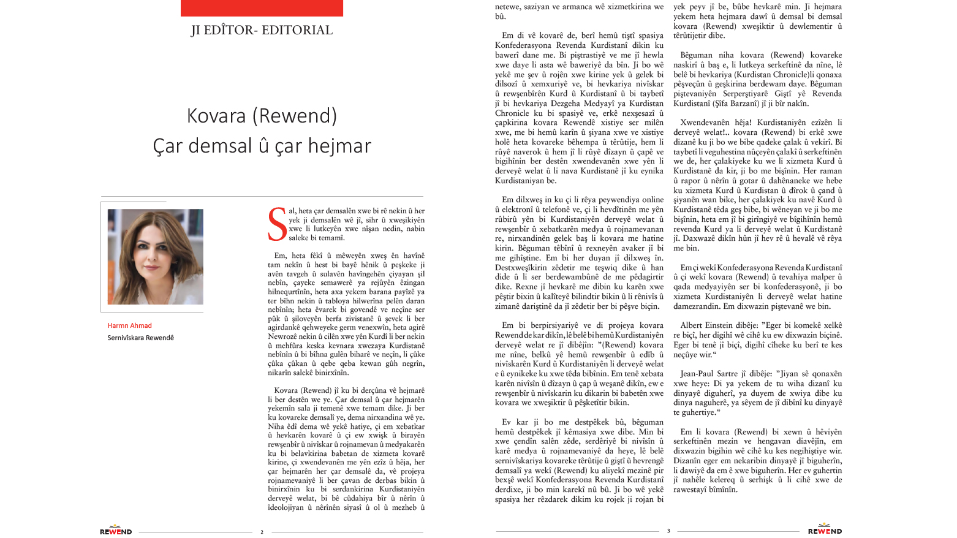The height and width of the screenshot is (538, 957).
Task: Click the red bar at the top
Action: coord(262,8)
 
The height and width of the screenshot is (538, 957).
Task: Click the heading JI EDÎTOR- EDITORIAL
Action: coord(262,30)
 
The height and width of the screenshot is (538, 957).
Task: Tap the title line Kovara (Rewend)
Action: coord(262,116)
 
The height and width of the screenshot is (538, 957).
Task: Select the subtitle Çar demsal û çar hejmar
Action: coord(262,146)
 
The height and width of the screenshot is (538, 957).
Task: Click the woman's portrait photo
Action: coord(155,257)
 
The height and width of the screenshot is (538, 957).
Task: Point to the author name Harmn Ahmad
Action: coord(129,325)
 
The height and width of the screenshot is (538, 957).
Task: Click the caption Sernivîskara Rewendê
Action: coord(140,338)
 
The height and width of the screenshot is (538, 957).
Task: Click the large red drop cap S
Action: coord(277,224)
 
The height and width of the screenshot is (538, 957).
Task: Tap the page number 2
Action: coord(262,532)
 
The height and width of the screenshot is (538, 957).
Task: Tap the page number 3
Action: coord(668,531)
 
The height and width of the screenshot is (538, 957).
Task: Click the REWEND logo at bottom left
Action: coord(116,530)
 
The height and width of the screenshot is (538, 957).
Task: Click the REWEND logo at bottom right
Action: coord(825,530)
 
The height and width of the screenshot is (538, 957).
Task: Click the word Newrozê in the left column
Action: coord(282,336)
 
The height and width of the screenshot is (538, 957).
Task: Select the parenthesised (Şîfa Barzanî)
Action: coord(738,104)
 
